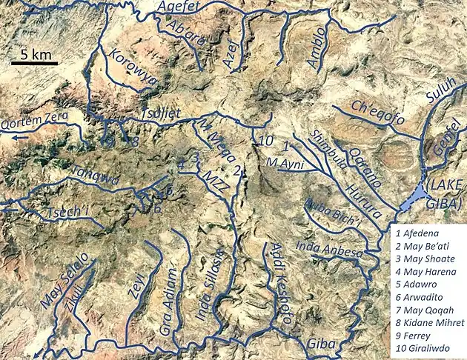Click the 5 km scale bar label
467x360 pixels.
tap(34, 54)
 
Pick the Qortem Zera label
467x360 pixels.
tap(35, 117)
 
